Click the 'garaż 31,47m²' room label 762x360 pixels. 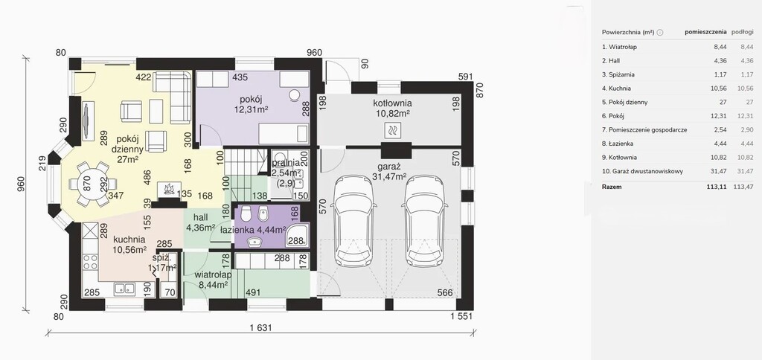click(x=388, y=171)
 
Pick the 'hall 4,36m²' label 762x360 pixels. click(x=200, y=222)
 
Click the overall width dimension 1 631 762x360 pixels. click(x=260, y=327)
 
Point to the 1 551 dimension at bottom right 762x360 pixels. click(x=461, y=317)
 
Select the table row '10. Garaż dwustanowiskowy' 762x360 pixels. click(x=642, y=172)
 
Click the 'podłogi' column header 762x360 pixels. click(x=742, y=32)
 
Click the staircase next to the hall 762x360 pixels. click(x=246, y=171)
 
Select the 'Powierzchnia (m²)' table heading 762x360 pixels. click(x=628, y=32)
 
